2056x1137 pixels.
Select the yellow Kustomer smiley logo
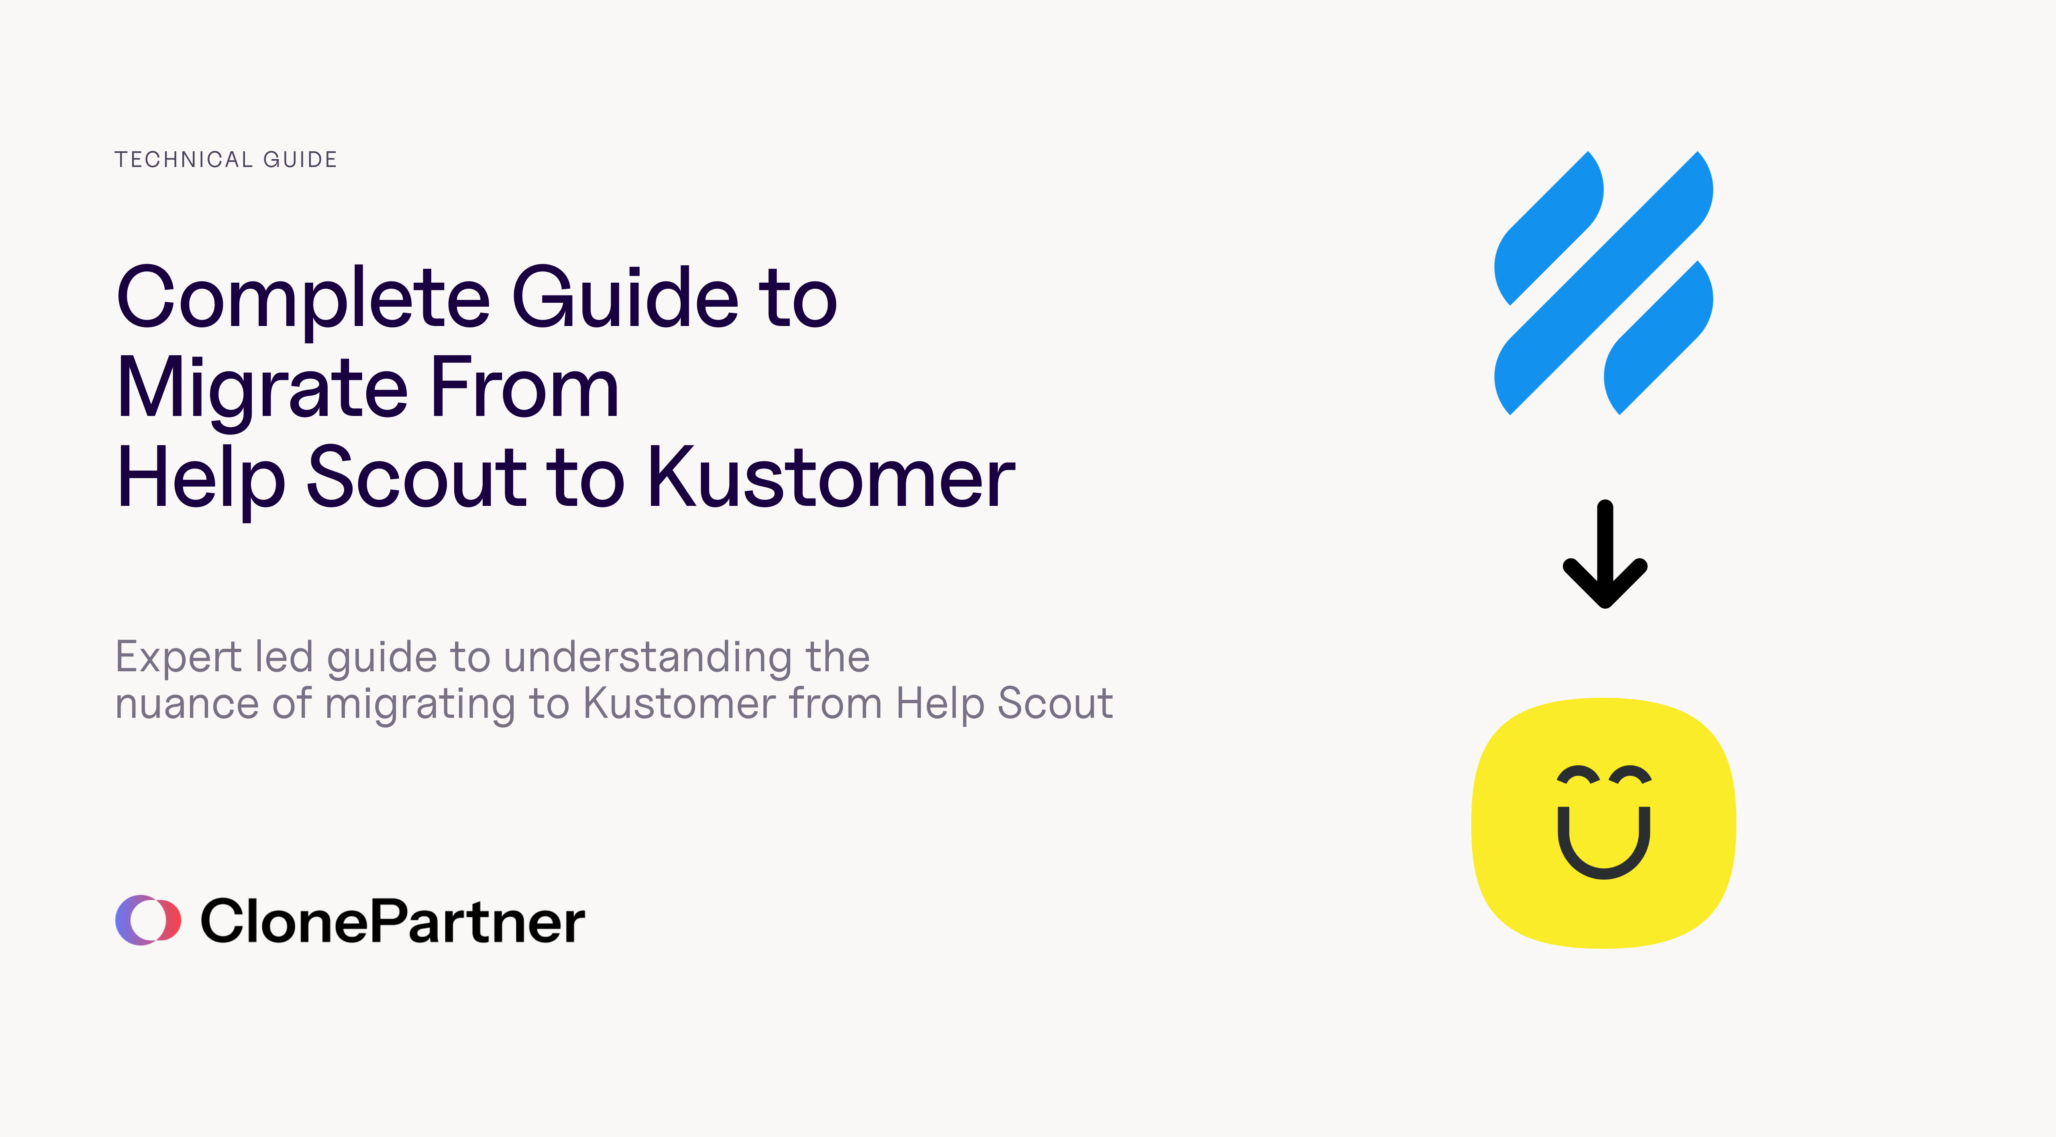tap(1603, 823)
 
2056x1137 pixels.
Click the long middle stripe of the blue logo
tap(1603, 283)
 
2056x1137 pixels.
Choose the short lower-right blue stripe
tap(1658, 338)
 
